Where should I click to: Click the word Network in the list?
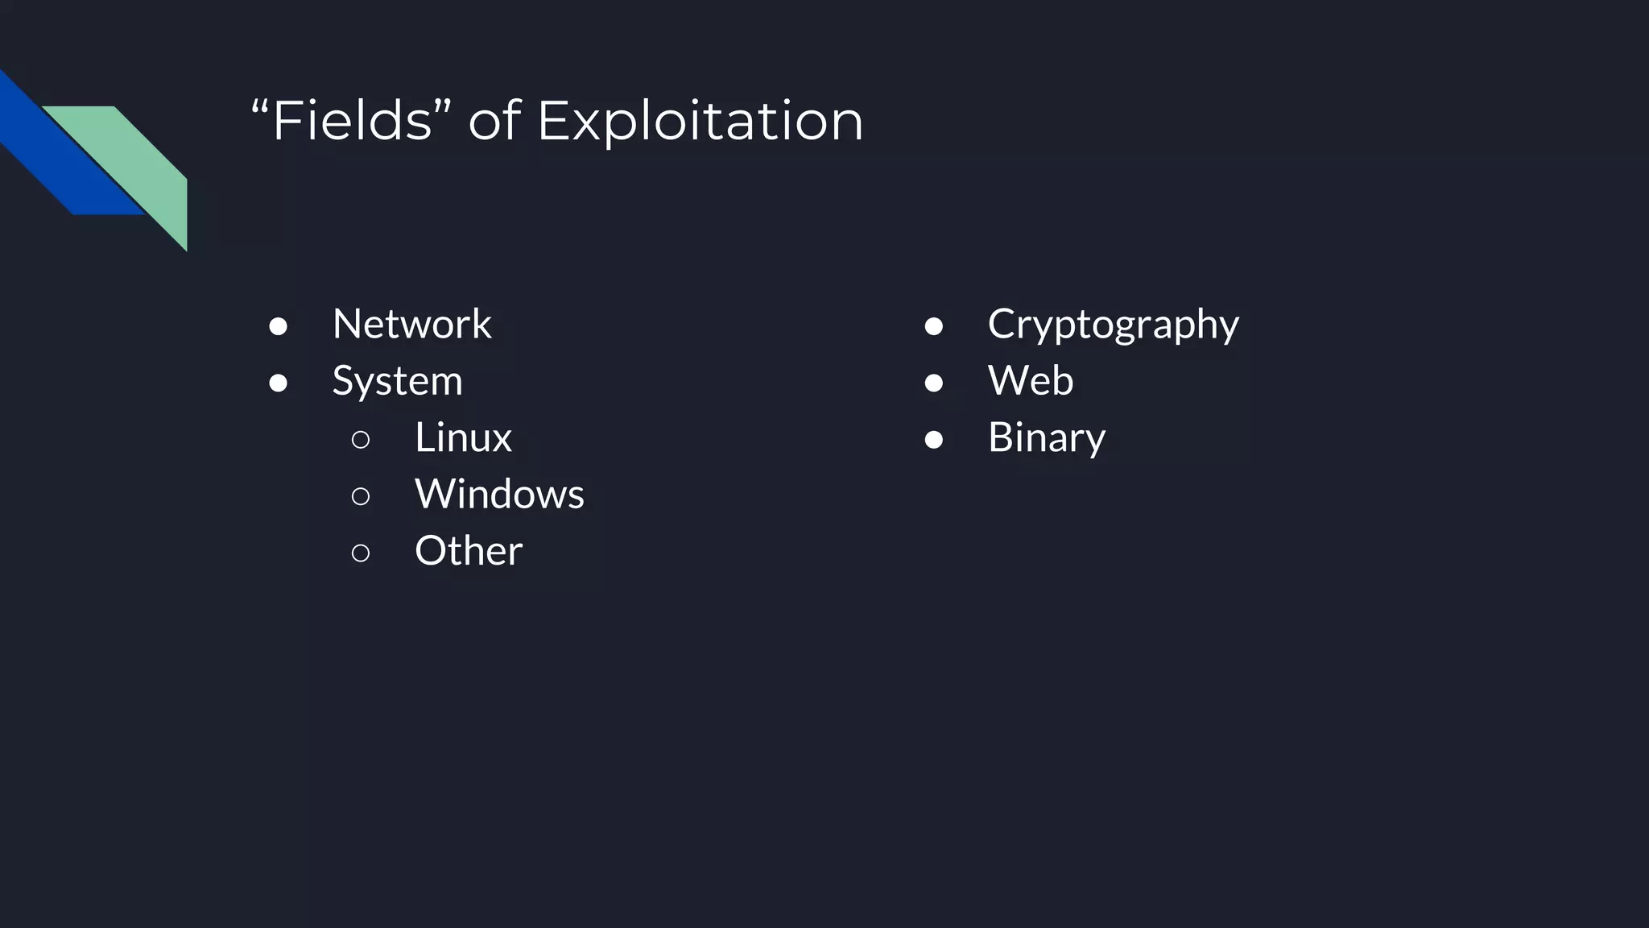point(411,324)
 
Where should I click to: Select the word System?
point(397,381)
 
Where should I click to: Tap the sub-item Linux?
point(463,437)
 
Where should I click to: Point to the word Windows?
point(499,494)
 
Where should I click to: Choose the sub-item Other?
point(469,551)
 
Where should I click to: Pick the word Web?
point(1031,381)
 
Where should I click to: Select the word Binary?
point(1046,438)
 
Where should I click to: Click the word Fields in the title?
point(352,121)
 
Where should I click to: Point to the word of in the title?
point(494,122)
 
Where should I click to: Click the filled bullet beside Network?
point(279,326)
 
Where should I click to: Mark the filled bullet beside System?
point(279,383)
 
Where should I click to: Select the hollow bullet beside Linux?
point(361,439)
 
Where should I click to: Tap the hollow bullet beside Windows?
point(361,496)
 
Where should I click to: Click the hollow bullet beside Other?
point(361,553)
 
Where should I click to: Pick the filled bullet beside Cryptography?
point(934,326)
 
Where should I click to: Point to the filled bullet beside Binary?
point(934,439)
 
